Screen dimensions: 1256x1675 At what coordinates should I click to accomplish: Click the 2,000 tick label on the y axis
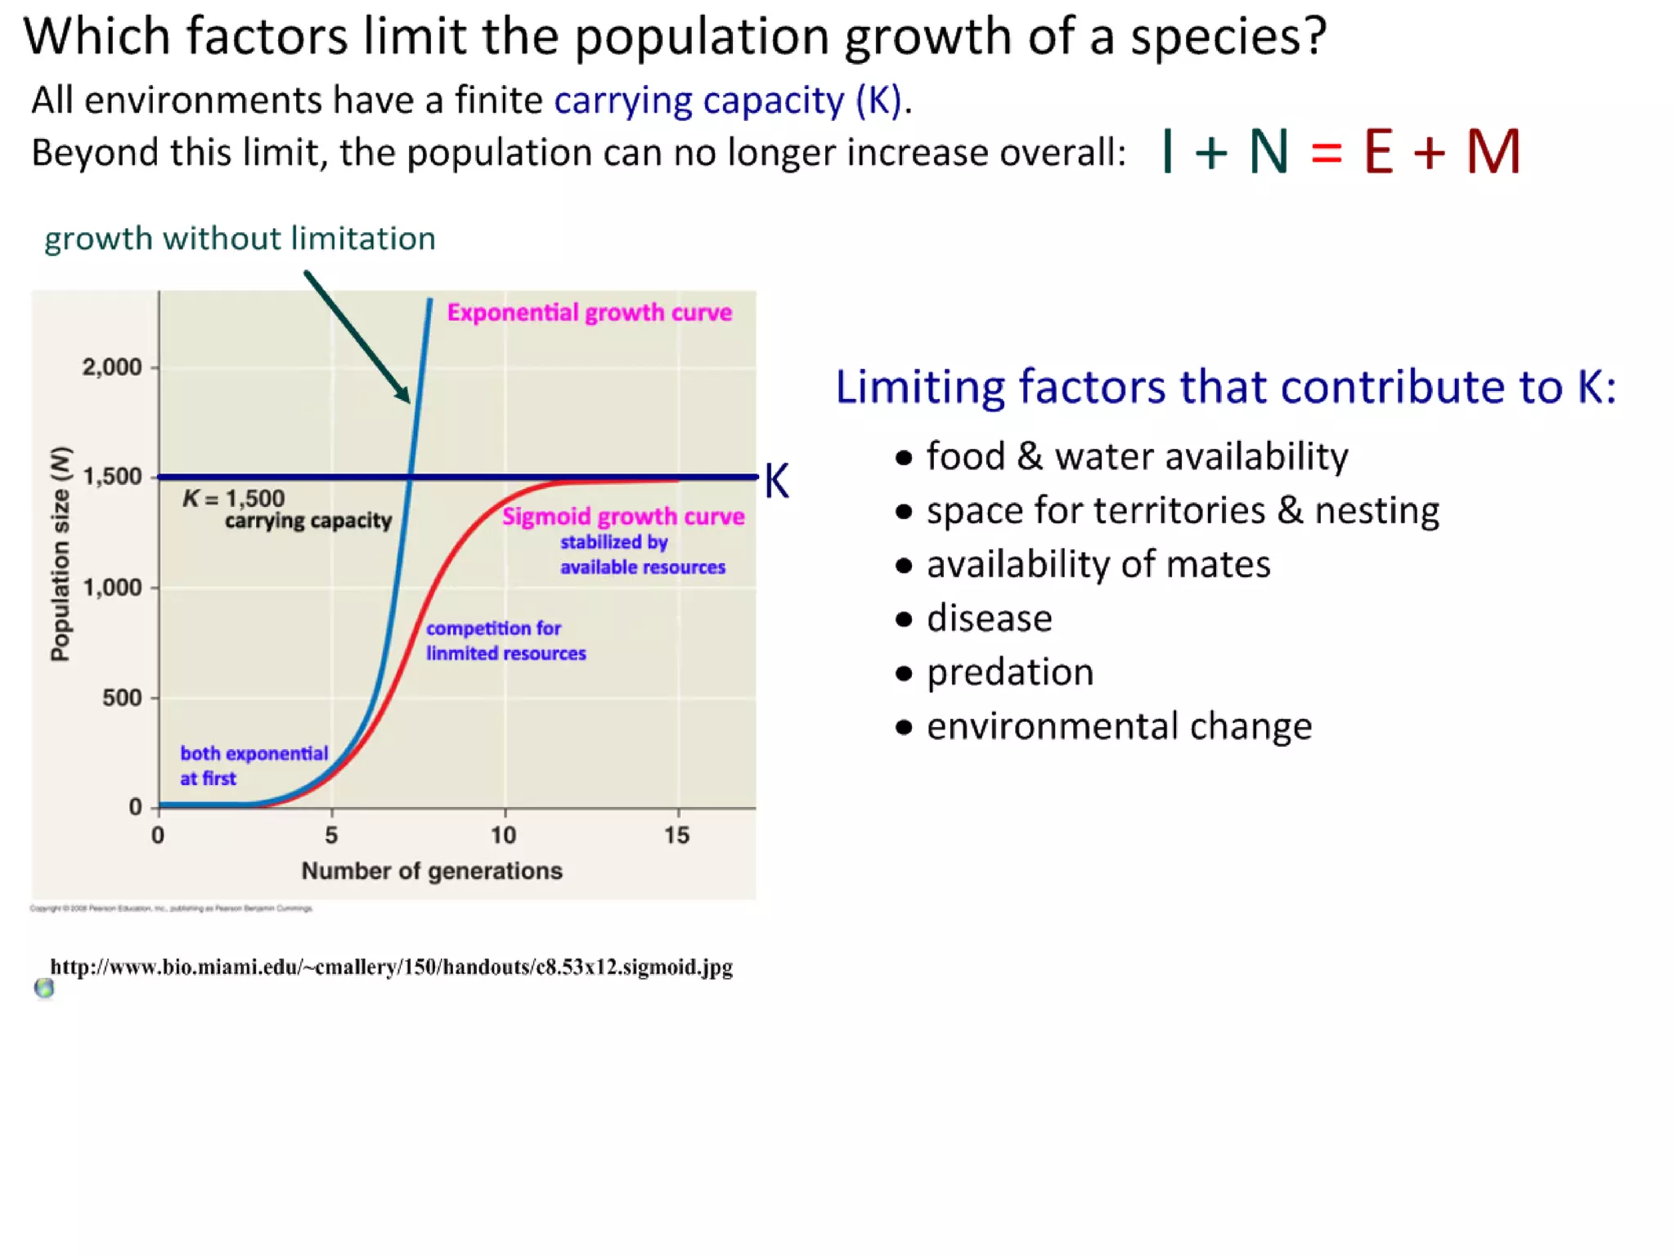click(x=112, y=367)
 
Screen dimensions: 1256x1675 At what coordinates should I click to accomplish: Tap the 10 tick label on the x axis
click(x=504, y=835)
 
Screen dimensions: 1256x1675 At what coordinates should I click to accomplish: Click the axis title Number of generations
click(x=432, y=871)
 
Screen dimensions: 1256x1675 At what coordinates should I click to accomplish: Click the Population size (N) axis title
click(x=61, y=554)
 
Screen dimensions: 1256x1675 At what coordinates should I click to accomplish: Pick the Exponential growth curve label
click(x=589, y=312)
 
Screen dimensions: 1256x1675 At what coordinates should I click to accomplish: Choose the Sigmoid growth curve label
click(x=623, y=517)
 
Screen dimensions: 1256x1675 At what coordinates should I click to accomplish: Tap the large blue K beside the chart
click(x=776, y=481)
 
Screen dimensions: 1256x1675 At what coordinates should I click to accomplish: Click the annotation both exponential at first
click(x=254, y=765)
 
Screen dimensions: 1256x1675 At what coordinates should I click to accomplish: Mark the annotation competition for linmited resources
click(x=505, y=641)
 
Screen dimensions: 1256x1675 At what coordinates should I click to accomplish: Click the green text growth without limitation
click(x=240, y=239)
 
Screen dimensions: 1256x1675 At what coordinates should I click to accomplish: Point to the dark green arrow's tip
click(x=408, y=401)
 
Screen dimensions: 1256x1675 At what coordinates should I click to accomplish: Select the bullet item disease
click(x=989, y=618)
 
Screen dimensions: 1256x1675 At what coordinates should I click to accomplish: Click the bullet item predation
click(x=1009, y=672)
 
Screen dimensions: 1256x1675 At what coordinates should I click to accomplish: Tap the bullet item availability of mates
click(x=1098, y=564)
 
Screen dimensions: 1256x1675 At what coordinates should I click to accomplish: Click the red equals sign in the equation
click(x=1326, y=153)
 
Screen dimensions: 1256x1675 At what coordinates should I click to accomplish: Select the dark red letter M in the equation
click(x=1493, y=152)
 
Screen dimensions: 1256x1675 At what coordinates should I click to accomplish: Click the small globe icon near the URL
click(x=44, y=989)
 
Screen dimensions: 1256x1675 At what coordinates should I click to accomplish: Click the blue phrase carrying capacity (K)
click(x=728, y=101)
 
